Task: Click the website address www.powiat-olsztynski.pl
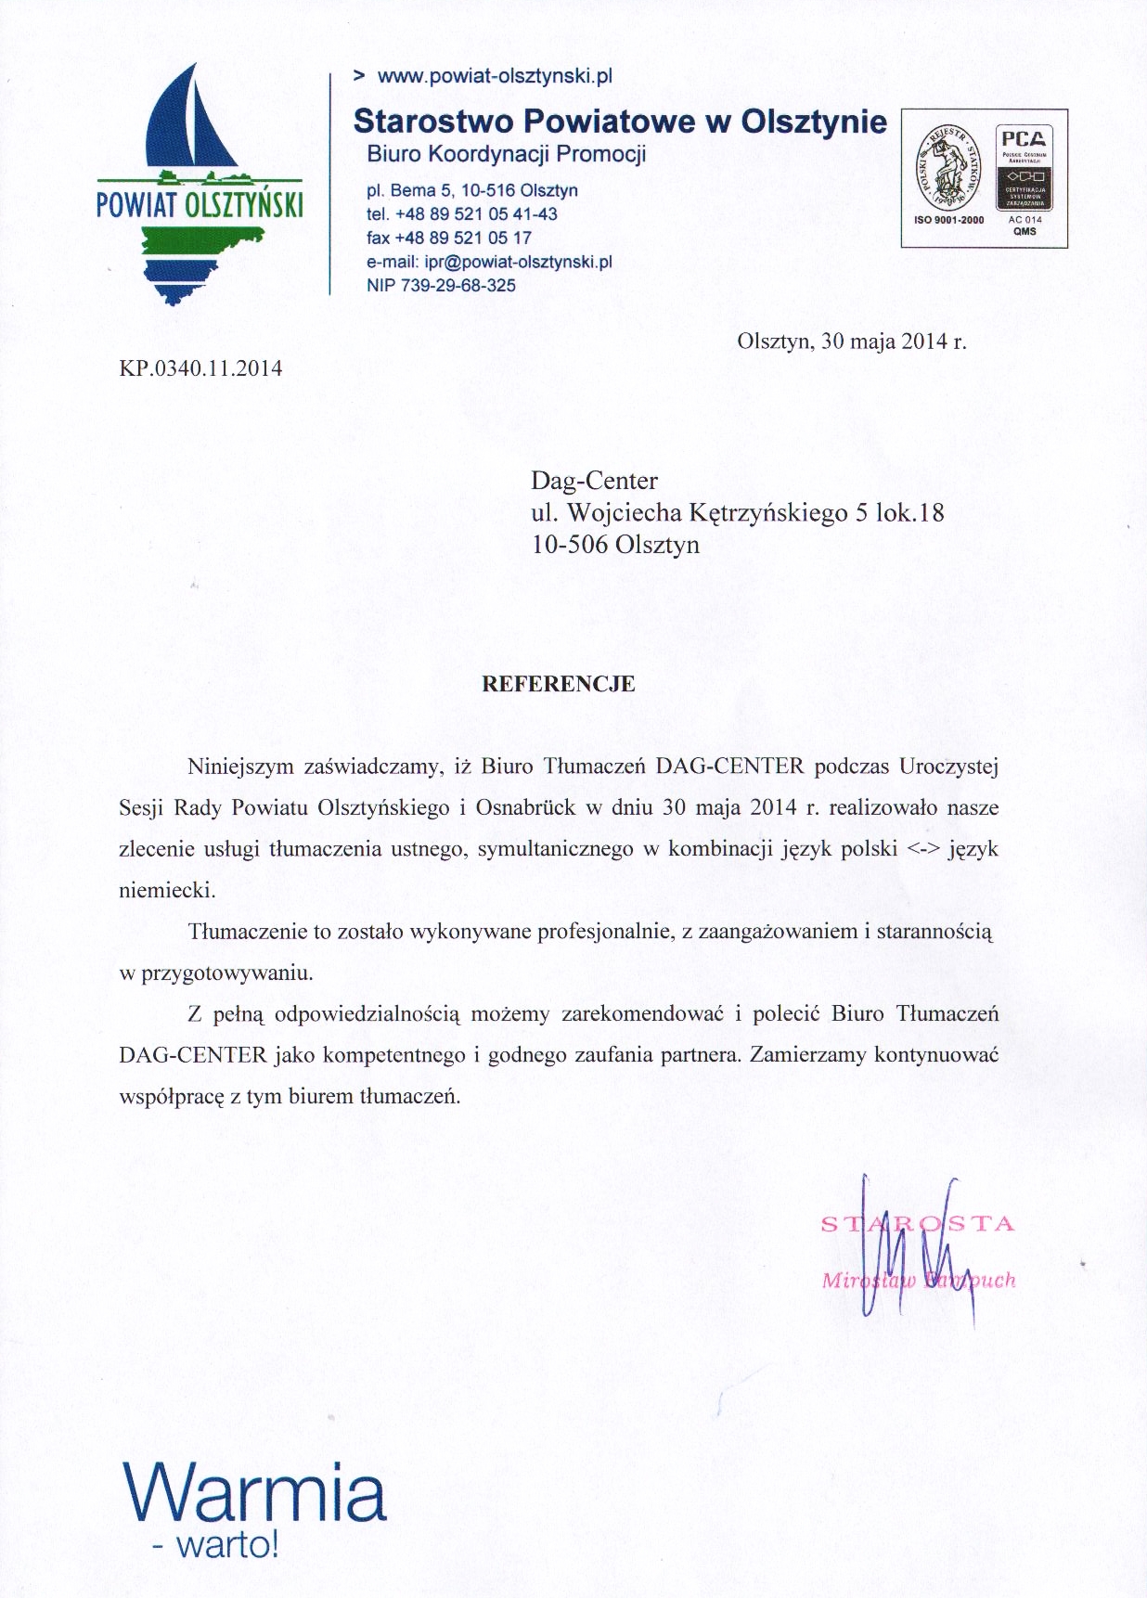tap(495, 76)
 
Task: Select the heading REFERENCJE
tap(559, 684)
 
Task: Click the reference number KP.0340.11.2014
tap(200, 368)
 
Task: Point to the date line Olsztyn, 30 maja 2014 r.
tap(851, 341)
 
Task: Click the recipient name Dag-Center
tap(594, 481)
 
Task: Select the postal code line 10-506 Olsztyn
tap(615, 544)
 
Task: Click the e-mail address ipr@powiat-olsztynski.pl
tap(518, 262)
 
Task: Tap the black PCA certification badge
tap(1025, 168)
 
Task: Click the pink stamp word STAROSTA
tap(918, 1224)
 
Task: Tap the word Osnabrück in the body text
tap(525, 807)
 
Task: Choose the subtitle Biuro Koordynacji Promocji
tap(506, 154)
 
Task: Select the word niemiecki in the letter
tap(167, 890)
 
